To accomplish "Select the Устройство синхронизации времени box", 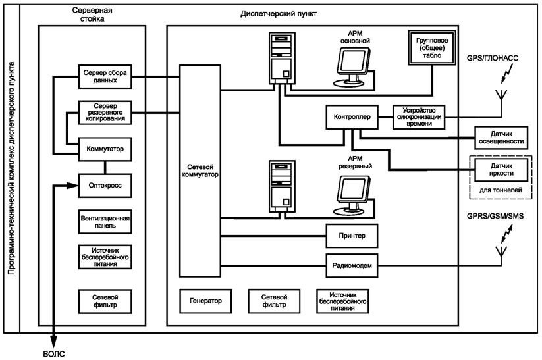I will click(419, 116).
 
